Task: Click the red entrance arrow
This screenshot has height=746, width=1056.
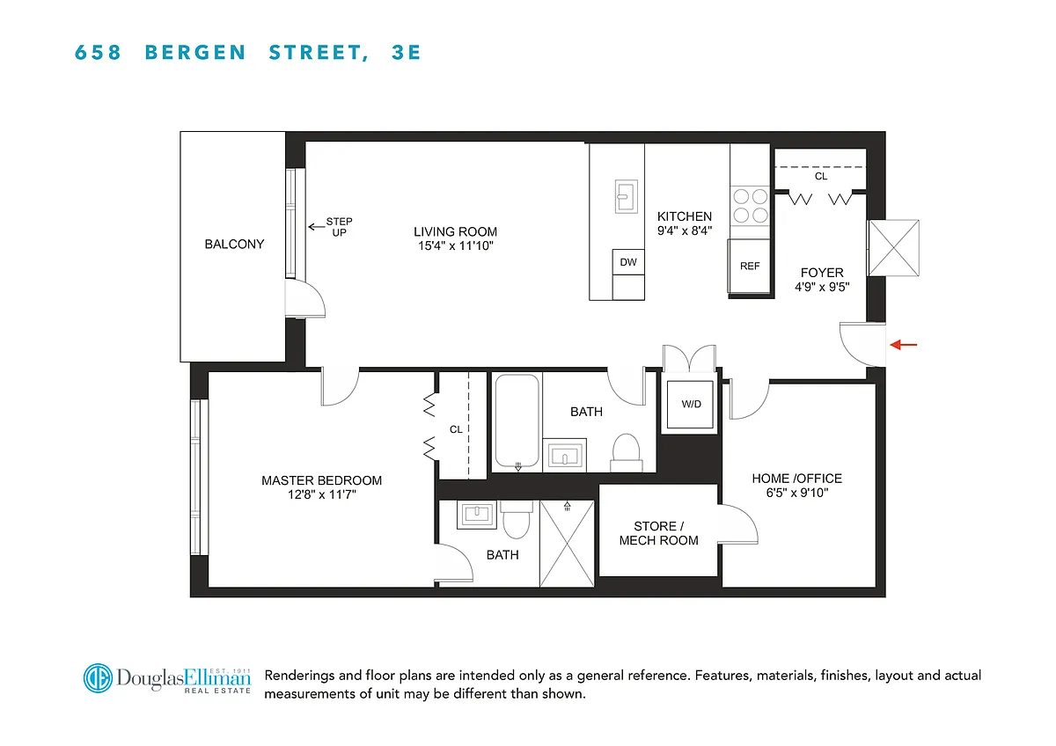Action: click(x=903, y=345)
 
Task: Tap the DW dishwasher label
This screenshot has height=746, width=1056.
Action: click(x=628, y=262)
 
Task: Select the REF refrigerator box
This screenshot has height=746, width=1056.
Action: click(x=749, y=267)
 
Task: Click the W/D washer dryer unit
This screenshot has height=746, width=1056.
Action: click(x=690, y=405)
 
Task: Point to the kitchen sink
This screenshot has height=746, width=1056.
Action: click(x=627, y=196)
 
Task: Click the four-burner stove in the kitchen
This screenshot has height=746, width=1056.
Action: click(x=750, y=206)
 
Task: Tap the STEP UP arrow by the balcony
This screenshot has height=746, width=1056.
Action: click(x=316, y=227)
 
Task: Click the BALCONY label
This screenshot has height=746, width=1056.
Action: click(x=234, y=244)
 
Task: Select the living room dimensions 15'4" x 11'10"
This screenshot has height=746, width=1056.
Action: click(x=456, y=246)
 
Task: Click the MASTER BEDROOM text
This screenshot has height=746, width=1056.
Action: click(x=321, y=480)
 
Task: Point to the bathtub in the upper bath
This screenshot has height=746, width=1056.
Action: click(x=517, y=421)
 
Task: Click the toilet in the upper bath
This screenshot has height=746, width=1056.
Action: click(x=626, y=453)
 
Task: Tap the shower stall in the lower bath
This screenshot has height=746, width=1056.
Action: click(x=567, y=544)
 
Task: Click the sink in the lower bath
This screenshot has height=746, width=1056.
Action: click(x=477, y=515)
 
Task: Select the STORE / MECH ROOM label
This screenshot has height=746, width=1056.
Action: click(x=658, y=533)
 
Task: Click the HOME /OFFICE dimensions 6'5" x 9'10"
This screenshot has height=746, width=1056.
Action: click(x=796, y=493)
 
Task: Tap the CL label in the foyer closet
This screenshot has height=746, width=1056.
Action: click(x=821, y=176)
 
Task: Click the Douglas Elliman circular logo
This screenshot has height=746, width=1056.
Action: click(x=98, y=678)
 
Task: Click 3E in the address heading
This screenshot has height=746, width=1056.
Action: click(x=406, y=52)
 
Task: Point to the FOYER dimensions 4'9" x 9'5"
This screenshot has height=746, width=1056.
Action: click(x=822, y=287)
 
